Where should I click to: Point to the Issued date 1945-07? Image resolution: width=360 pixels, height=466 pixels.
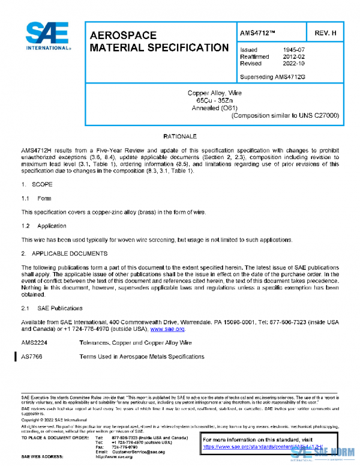coord(293,50)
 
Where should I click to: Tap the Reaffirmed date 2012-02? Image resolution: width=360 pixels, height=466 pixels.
coord(293,56)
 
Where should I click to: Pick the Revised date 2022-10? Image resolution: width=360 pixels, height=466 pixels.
coord(293,63)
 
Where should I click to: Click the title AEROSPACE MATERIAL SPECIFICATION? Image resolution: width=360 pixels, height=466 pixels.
coord(158,41)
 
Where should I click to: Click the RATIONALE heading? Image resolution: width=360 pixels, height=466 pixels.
coord(180,137)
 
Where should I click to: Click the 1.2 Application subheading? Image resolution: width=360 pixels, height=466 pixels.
coord(44,226)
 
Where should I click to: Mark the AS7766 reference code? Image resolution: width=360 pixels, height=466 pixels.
coord(32,357)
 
